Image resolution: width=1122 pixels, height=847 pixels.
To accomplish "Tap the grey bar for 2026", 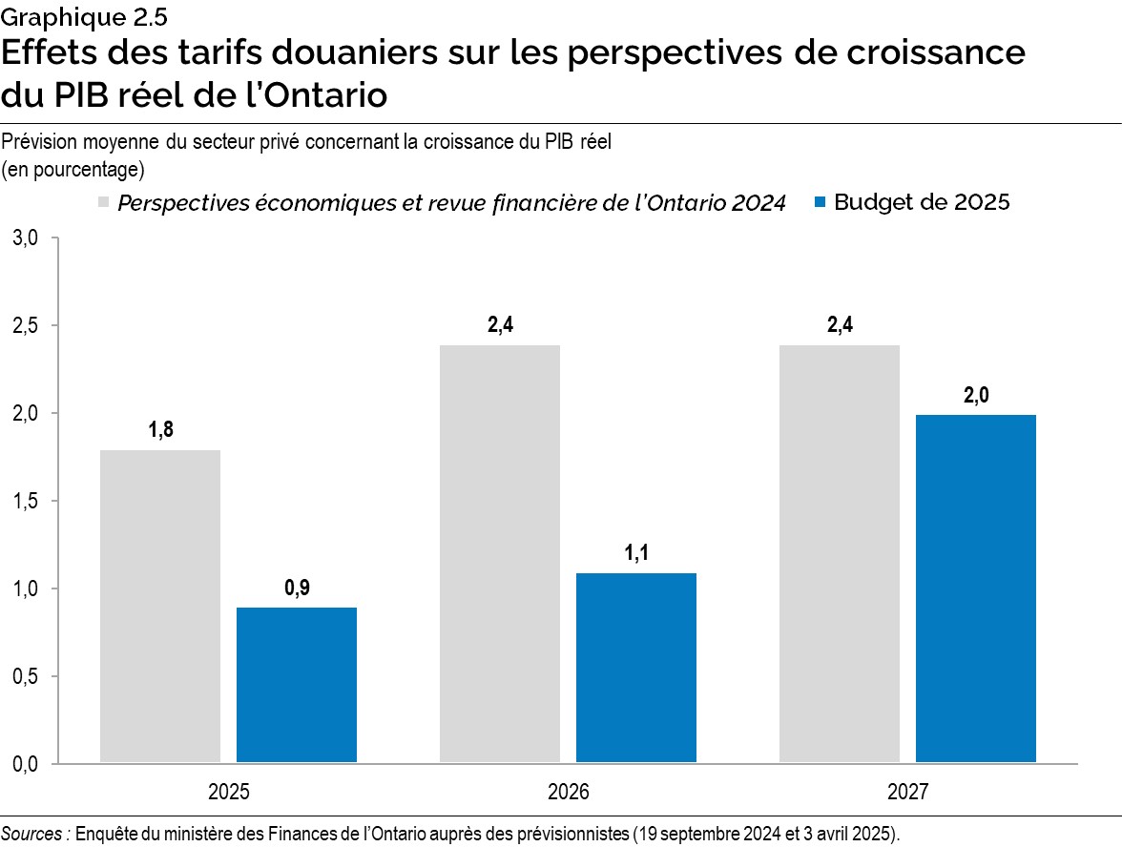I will tap(500, 553).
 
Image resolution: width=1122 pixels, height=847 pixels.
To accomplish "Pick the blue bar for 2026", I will tap(636, 668).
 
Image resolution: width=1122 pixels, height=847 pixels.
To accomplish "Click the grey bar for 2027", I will tap(840, 553).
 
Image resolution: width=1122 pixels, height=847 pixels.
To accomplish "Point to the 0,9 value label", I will tap(297, 589).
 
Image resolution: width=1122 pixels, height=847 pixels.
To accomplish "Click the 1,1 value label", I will tap(636, 553).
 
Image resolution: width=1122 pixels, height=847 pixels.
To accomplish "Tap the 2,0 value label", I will tap(976, 395).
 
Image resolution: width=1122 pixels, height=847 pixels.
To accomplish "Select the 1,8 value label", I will tap(160, 430).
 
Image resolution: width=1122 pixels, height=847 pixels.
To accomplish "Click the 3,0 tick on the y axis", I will tap(25, 238).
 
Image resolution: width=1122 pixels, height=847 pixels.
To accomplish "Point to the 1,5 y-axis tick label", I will tap(25, 501).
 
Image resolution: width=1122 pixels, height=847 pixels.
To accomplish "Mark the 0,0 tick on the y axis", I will tap(25, 764).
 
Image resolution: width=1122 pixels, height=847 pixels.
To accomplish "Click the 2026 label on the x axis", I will tap(569, 793).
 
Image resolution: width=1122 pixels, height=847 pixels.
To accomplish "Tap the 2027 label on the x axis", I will tap(907, 793).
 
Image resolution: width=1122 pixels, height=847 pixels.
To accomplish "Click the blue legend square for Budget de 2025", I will tap(820, 203).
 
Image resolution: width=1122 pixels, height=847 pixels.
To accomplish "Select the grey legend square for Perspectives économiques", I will tap(103, 203).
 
